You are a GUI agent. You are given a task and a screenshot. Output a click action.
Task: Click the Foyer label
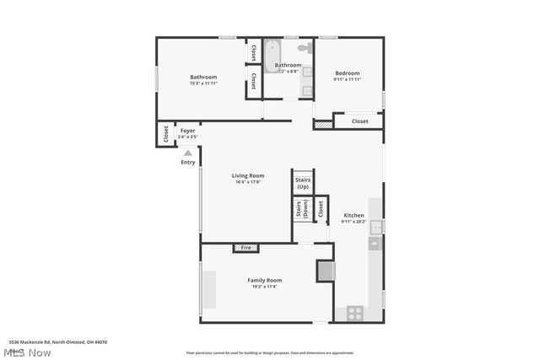187,131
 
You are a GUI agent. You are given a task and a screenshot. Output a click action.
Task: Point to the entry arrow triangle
187,153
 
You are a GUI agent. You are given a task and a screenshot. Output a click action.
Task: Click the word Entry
187,162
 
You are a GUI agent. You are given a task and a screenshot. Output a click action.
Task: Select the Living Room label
248,175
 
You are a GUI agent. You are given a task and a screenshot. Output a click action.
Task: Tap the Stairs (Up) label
302,183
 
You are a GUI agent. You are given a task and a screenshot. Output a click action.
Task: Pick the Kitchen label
353,216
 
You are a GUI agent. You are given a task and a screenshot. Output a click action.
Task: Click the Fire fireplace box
246,248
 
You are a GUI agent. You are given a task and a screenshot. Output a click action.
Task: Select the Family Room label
264,280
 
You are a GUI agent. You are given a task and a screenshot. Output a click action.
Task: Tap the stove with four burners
355,312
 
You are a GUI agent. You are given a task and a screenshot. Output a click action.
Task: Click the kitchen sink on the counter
375,226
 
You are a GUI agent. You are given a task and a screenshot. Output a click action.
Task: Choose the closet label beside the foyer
165,134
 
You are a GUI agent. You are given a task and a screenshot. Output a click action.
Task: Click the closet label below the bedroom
360,121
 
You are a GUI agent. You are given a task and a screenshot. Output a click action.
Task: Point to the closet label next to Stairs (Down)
321,207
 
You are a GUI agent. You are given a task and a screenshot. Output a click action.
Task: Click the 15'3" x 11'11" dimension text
203,83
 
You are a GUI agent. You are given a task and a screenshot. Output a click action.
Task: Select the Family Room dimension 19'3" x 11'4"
264,287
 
